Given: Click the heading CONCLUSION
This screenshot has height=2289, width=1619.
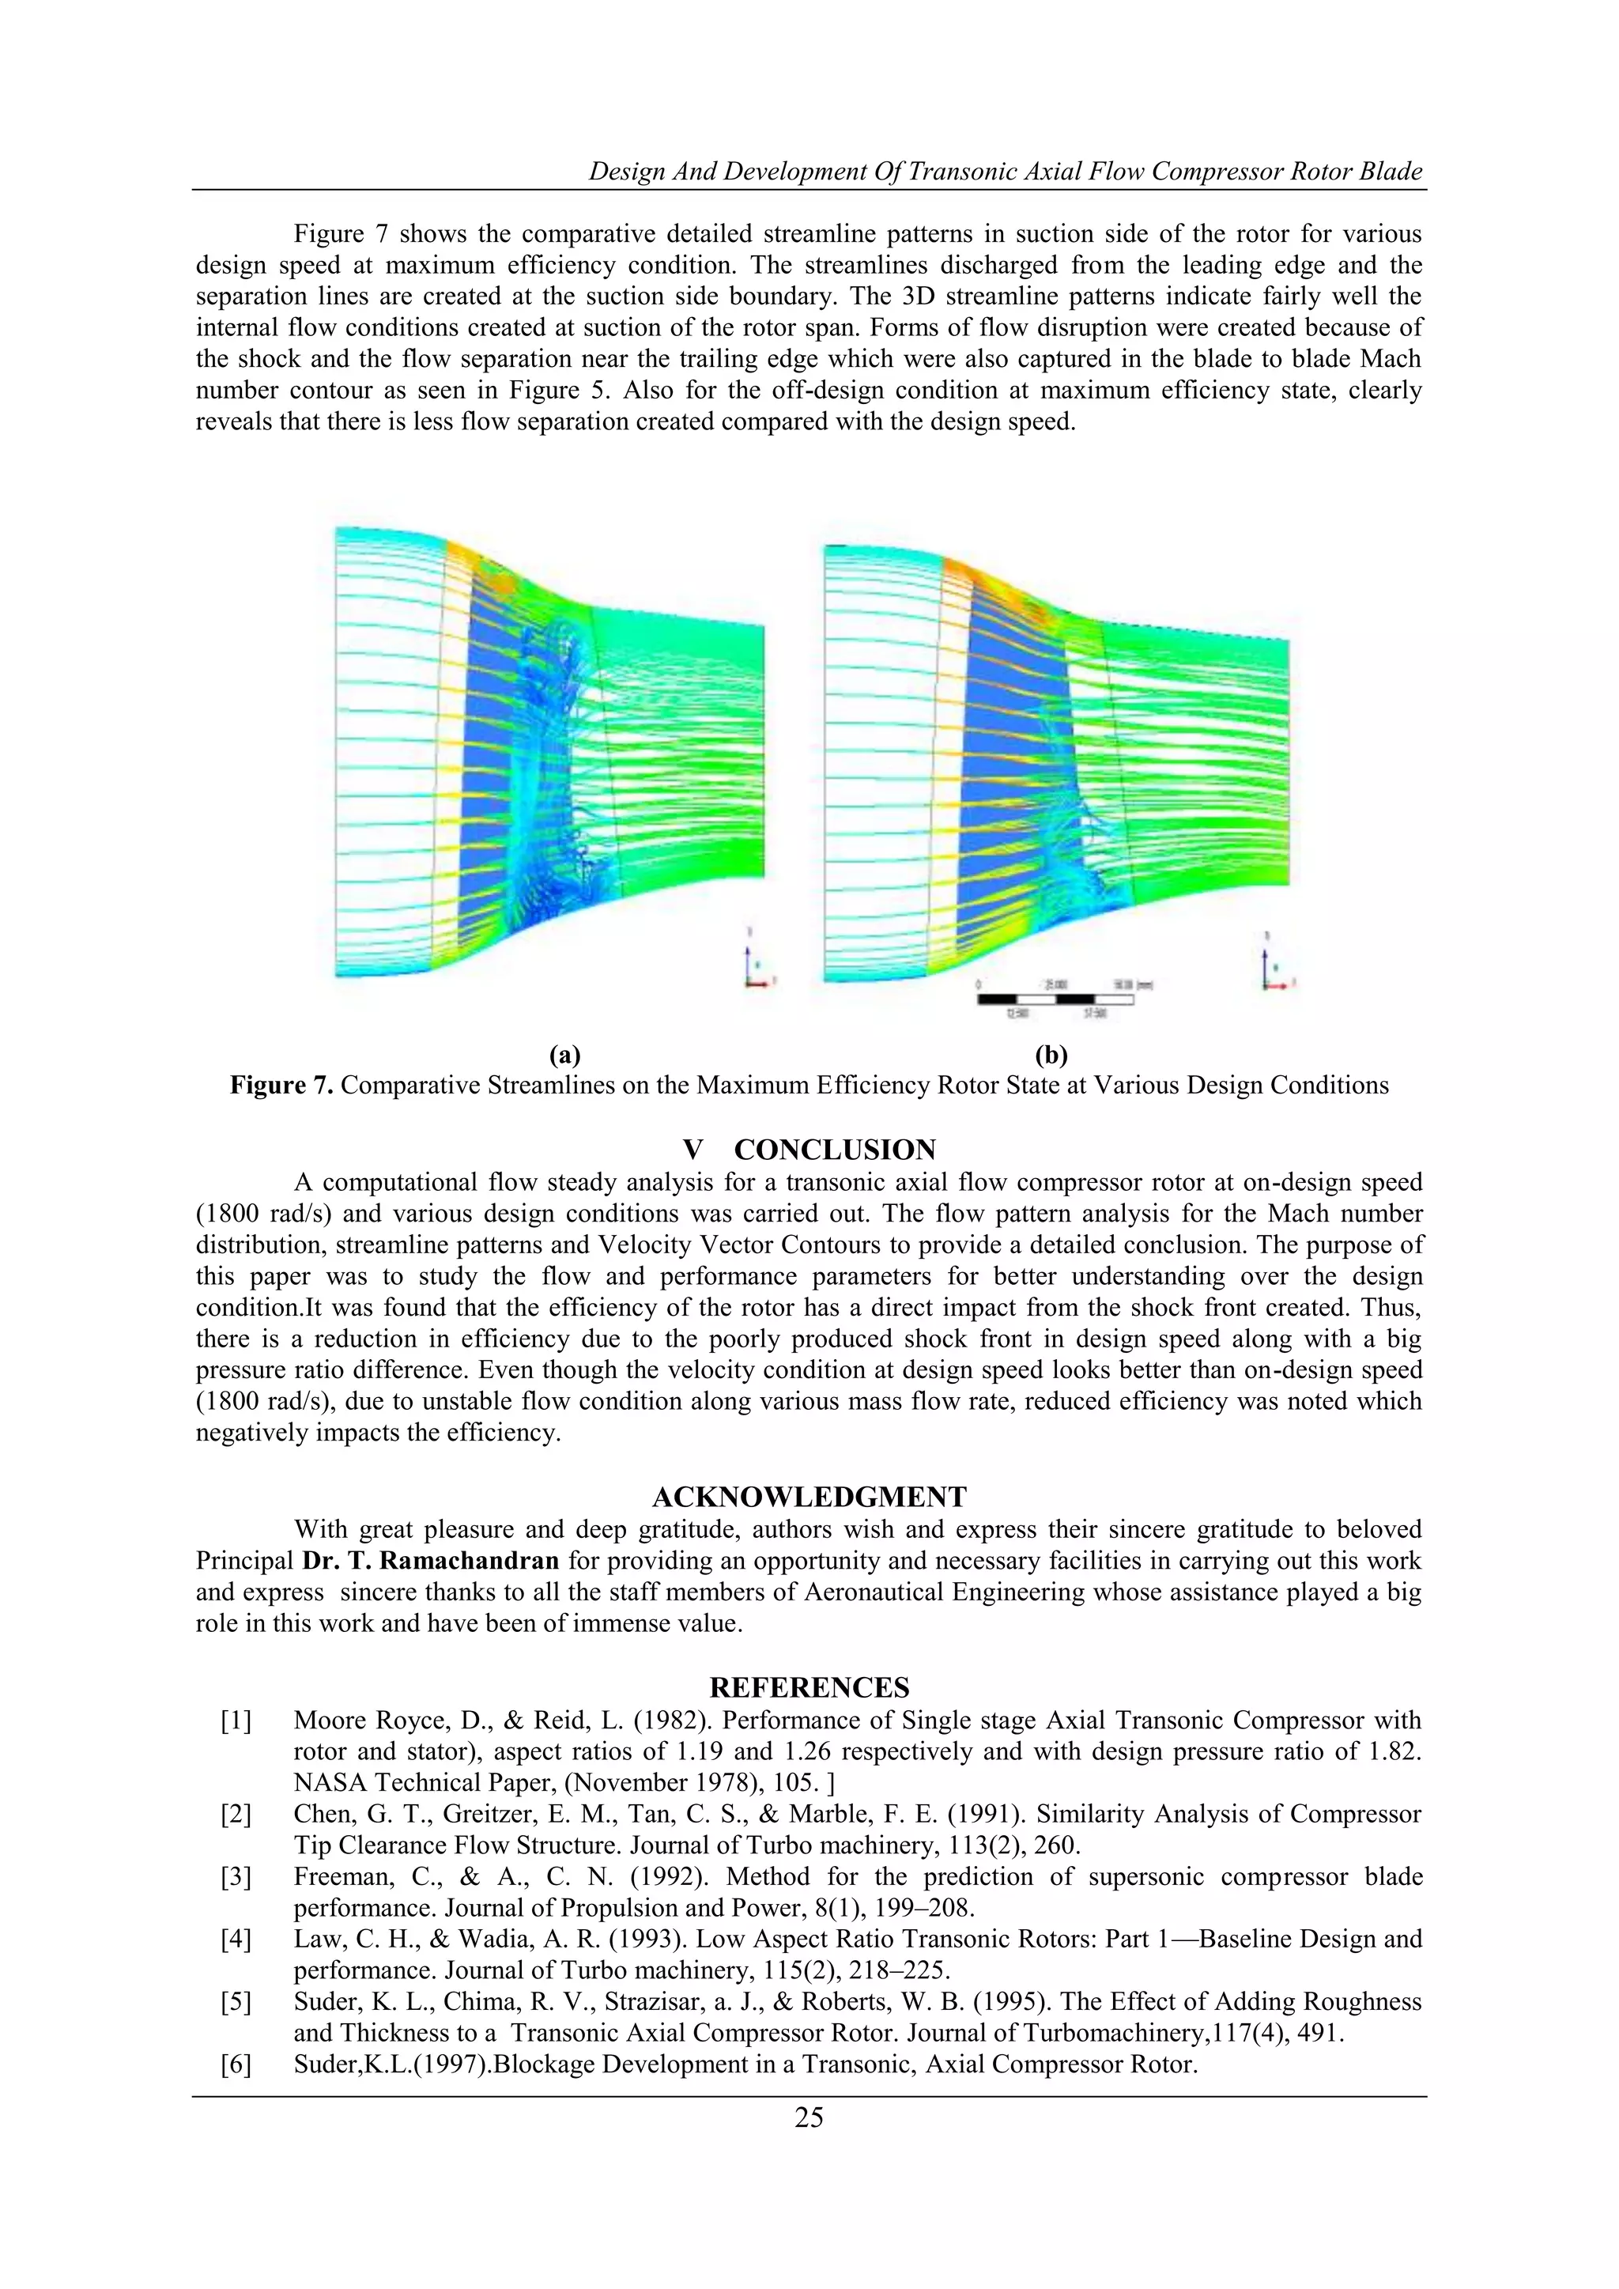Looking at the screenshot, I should (836, 1150).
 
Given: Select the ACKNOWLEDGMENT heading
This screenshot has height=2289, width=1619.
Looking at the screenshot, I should (809, 1497).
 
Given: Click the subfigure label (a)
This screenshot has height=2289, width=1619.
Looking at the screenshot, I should (564, 1055).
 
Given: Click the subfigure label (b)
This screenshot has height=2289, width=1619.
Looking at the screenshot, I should (1051, 1055).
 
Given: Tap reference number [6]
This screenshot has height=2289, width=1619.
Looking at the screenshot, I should (236, 2064).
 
